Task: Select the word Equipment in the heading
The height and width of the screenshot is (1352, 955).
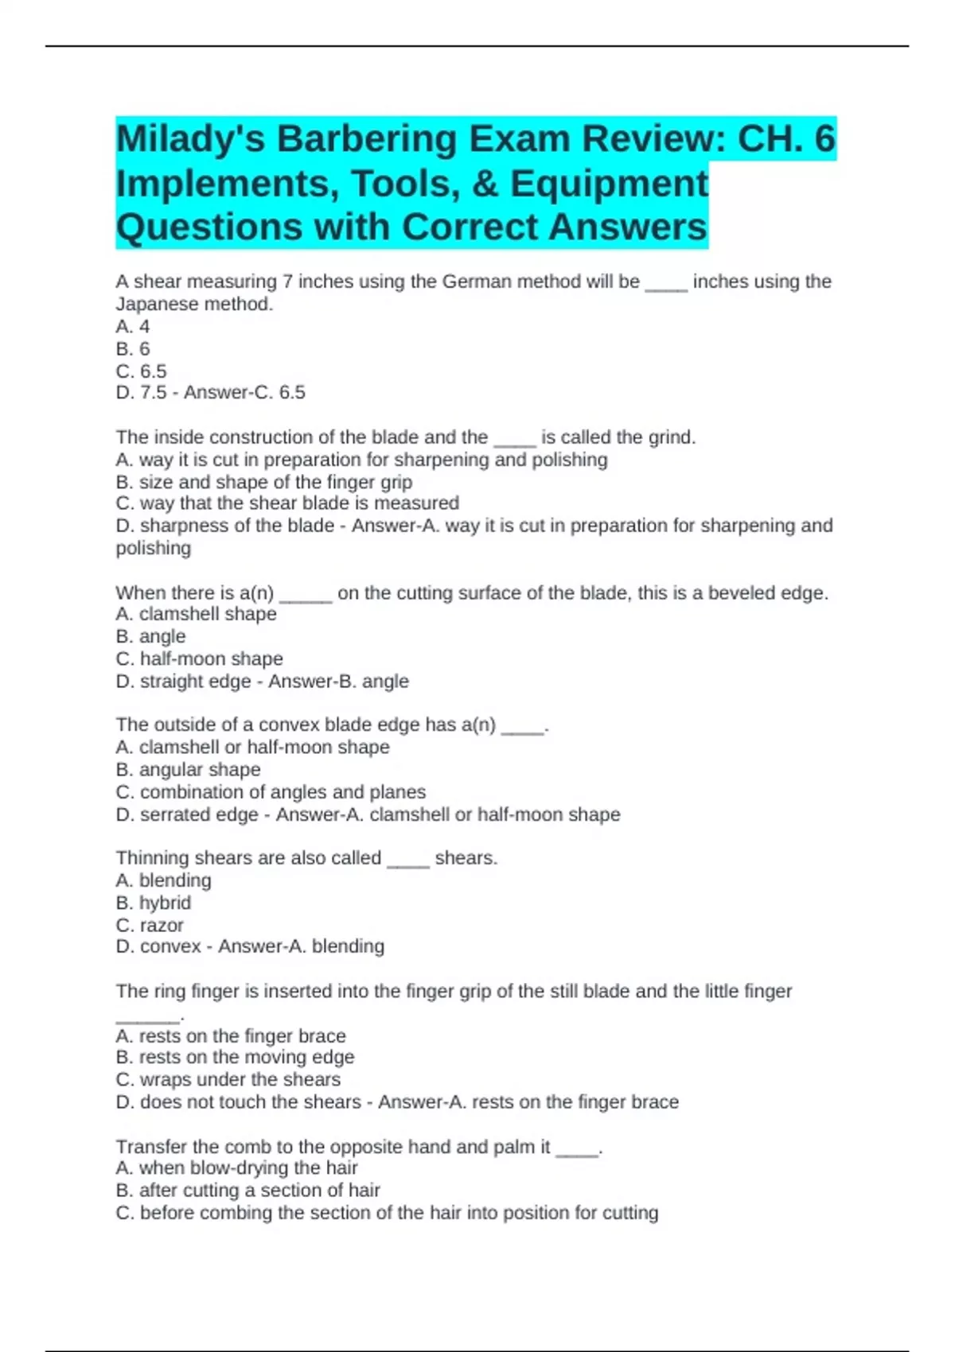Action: point(609,184)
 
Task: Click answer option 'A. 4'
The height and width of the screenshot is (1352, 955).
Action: point(133,326)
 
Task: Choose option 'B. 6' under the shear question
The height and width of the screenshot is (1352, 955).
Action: point(133,348)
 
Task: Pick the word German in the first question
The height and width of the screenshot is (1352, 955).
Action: point(477,282)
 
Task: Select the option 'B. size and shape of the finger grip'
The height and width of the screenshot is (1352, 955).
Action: point(263,482)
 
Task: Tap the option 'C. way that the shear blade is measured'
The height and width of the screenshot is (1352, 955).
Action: point(287,503)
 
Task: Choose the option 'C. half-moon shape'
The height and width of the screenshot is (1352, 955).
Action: point(199,659)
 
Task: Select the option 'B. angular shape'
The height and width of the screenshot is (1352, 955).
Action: point(188,769)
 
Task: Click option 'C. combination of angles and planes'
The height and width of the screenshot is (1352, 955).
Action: point(271,791)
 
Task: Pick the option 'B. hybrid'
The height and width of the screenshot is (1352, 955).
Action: point(153,903)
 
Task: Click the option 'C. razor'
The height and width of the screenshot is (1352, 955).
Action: point(150,925)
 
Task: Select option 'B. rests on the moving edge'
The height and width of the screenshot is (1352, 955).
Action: point(235,1057)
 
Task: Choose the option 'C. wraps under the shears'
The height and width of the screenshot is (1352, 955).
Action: point(228,1079)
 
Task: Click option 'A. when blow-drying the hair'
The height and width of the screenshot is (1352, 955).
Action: point(236,1167)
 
